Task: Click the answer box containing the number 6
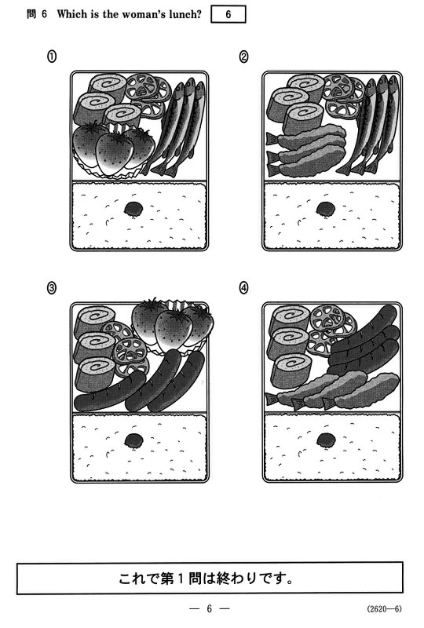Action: (228, 15)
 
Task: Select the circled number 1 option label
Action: (51, 57)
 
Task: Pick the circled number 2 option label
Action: (243, 57)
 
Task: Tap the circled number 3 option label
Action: (51, 288)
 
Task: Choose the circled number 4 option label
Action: (243, 288)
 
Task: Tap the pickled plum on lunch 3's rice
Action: (133, 440)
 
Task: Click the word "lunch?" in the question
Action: (185, 14)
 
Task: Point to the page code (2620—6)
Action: (384, 609)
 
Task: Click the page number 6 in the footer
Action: (209, 609)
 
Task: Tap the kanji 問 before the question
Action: (31, 14)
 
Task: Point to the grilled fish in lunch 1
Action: (179, 127)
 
